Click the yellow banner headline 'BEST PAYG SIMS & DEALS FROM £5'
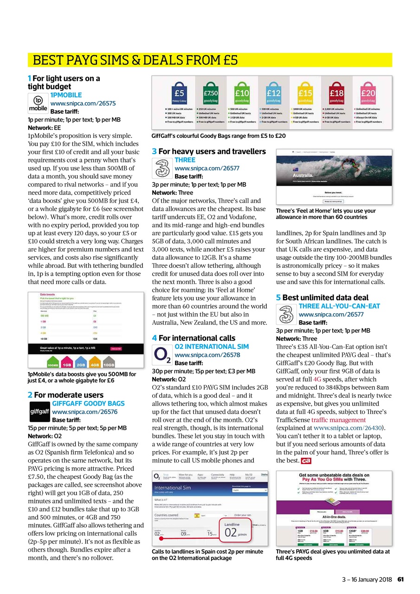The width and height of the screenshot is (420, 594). [x=135, y=60]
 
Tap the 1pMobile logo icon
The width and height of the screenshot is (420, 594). [x=38, y=103]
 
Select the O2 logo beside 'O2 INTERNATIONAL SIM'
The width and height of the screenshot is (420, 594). [x=162, y=355]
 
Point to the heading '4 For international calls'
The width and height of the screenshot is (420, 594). [x=194, y=338]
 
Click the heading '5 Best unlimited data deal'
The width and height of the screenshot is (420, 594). [x=322, y=297]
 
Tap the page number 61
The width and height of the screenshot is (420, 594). [x=401, y=579]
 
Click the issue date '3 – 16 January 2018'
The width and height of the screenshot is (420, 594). [x=367, y=579]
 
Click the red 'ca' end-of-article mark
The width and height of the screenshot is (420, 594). [x=306, y=461]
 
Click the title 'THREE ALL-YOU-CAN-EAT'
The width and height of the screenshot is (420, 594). [x=339, y=306]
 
